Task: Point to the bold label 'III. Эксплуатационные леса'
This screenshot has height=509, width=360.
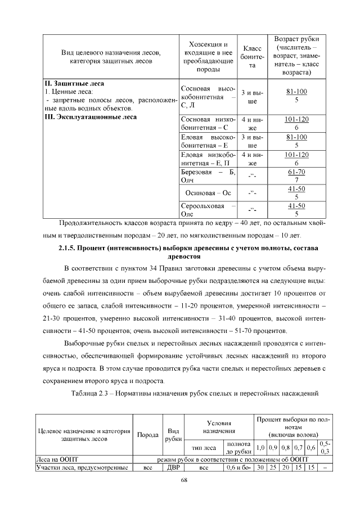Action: click(x=90, y=118)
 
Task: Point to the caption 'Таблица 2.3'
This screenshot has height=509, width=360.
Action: click(x=93, y=393)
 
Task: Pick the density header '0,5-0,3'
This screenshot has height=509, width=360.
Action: click(x=325, y=448)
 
